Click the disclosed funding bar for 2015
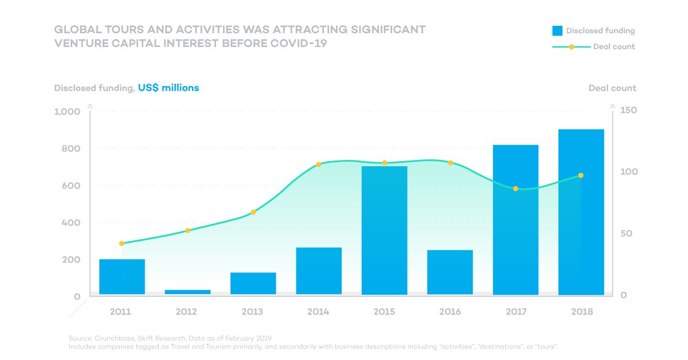click(384, 230)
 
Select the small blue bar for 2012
click(187, 292)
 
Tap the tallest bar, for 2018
click(581, 212)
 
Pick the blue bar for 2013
click(253, 283)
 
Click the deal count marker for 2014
click(319, 165)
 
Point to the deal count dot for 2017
click(515, 189)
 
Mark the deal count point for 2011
click(122, 243)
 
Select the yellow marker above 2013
click(253, 212)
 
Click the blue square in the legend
click(557, 31)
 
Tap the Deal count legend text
click(614, 46)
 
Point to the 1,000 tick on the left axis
click(67, 112)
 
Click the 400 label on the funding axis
click(71, 222)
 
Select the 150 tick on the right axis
click(628, 110)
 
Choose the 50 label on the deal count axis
click(626, 233)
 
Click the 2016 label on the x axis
click(450, 312)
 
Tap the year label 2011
click(120, 312)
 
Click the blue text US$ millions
click(169, 88)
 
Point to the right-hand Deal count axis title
click(612, 88)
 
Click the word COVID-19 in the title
click(298, 44)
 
